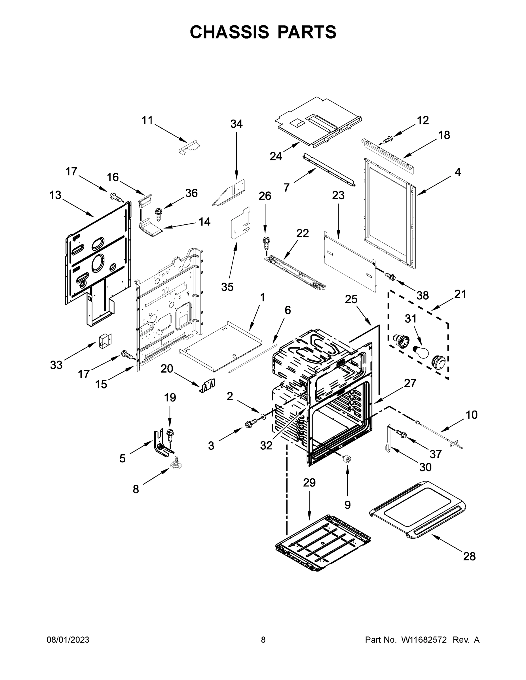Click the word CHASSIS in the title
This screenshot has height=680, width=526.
pyautogui.click(x=229, y=32)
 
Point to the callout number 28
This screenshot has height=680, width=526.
pyautogui.click(x=469, y=556)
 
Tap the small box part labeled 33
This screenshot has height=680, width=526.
pyautogui.click(x=105, y=341)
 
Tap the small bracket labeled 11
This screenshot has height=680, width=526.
pyautogui.click(x=189, y=147)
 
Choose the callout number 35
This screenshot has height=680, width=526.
pyautogui.click(x=227, y=287)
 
